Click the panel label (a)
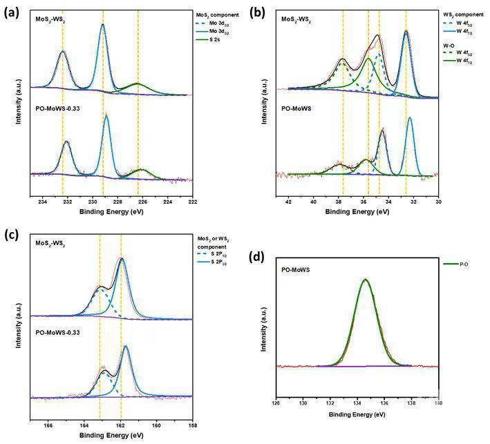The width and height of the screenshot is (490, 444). pyautogui.click(x=10, y=11)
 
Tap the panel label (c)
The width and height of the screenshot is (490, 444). pyautogui.click(x=10, y=233)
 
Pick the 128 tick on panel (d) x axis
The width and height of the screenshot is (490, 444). pyautogui.click(x=276, y=403)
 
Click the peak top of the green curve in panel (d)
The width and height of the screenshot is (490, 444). pyautogui.click(x=365, y=280)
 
